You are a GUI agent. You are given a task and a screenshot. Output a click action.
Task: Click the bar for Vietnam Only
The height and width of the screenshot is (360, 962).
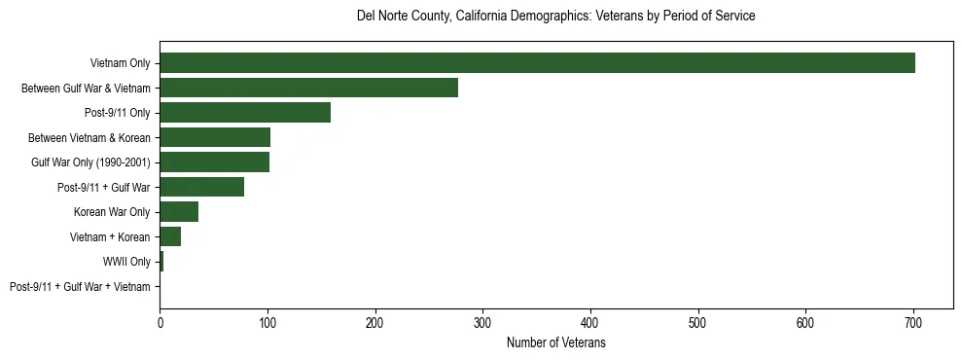[537, 63]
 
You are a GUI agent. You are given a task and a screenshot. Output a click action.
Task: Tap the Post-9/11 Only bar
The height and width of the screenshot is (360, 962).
[245, 113]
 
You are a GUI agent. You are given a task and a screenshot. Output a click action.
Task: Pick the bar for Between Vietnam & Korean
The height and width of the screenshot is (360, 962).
[215, 137]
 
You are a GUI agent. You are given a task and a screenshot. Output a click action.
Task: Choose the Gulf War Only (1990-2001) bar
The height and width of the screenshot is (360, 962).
[214, 162]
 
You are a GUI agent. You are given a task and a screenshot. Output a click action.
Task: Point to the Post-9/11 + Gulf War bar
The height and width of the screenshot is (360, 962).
[201, 187]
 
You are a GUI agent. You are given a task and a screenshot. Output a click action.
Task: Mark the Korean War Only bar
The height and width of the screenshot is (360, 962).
[179, 212]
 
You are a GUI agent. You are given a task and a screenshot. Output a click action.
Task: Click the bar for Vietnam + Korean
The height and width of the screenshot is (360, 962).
[170, 236]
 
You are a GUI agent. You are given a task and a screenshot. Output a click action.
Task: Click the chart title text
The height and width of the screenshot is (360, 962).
[556, 17]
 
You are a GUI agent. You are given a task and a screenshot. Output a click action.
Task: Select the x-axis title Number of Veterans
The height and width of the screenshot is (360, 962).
[556, 343]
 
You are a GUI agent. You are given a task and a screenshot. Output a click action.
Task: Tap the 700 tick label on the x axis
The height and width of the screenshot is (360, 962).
[913, 324]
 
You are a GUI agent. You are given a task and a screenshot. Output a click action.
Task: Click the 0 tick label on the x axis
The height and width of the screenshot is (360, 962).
[160, 324]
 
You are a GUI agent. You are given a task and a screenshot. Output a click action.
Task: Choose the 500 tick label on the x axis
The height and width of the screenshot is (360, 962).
[698, 324]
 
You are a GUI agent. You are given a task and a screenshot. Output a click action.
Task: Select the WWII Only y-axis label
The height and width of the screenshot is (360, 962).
[126, 262]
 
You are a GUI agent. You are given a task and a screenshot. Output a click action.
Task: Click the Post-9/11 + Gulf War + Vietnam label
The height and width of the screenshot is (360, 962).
[80, 287]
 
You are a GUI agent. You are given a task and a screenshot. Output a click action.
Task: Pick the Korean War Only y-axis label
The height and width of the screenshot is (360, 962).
[112, 212]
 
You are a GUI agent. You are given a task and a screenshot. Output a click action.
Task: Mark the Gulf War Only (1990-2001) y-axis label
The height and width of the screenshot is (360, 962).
[90, 162]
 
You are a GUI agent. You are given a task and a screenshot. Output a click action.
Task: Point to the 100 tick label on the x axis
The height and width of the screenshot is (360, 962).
[267, 324]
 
